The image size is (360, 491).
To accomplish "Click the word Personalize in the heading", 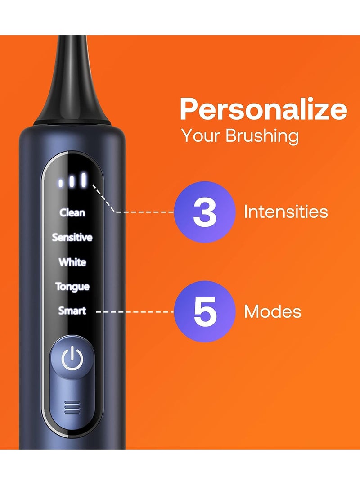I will click(x=263, y=110).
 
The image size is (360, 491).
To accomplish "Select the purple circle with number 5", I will click(x=205, y=311).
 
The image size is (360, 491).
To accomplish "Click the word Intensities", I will click(x=286, y=212).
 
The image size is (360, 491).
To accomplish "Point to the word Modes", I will click(x=273, y=311).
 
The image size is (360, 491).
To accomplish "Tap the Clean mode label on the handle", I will click(x=72, y=212).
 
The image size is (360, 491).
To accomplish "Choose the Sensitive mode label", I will click(x=72, y=237).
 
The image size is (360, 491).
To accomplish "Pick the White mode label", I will click(x=72, y=262).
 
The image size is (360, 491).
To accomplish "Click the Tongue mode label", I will click(x=72, y=287).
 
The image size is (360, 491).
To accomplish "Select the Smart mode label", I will click(x=72, y=311).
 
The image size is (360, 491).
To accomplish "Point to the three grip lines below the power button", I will click(x=72, y=408).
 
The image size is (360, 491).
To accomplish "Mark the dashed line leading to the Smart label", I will click(x=135, y=311).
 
